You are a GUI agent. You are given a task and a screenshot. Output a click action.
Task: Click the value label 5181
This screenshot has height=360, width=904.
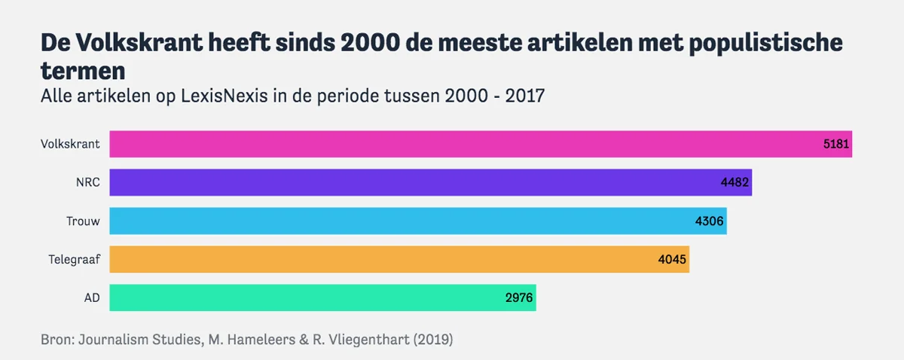click(835, 144)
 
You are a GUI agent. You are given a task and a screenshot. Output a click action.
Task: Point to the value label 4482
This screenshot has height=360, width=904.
click(736, 182)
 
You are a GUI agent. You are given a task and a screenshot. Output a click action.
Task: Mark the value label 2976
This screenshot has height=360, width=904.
click(520, 297)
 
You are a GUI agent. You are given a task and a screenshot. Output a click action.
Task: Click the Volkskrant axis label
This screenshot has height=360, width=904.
click(70, 144)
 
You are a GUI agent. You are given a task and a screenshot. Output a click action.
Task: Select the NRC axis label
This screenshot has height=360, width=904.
click(88, 182)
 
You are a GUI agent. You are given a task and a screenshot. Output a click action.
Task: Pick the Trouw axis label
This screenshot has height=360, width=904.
click(84, 221)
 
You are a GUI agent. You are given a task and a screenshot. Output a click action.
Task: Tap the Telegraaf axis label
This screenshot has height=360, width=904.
click(75, 260)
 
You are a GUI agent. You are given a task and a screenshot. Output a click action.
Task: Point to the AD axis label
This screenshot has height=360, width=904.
click(92, 297)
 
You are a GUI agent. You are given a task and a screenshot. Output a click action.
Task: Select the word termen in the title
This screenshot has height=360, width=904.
click(83, 72)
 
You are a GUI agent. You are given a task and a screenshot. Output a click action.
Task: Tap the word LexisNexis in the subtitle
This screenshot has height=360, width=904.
click(221, 96)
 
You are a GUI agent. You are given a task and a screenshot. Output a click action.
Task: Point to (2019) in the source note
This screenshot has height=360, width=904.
click(431, 340)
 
